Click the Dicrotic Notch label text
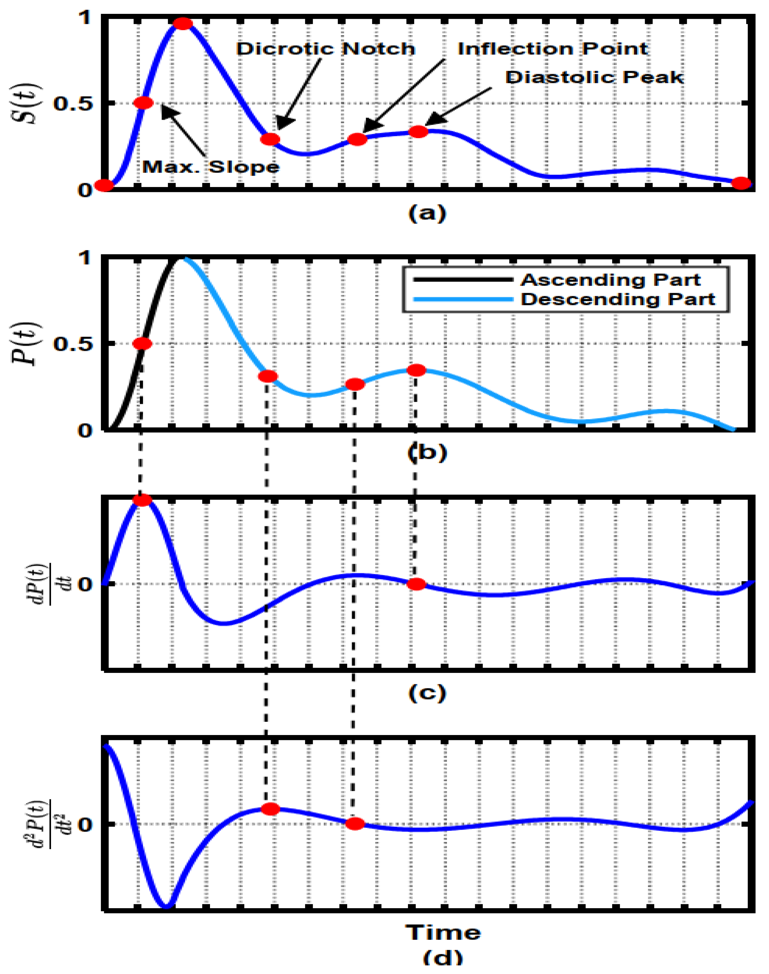coord(325,49)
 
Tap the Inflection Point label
coord(553,49)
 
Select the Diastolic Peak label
coord(594,78)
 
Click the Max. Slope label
coord(211,167)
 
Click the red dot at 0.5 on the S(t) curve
coord(144,103)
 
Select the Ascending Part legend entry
coord(610,280)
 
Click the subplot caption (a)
coord(427,213)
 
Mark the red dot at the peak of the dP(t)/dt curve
coord(143,500)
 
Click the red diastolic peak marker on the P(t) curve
coord(416,370)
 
